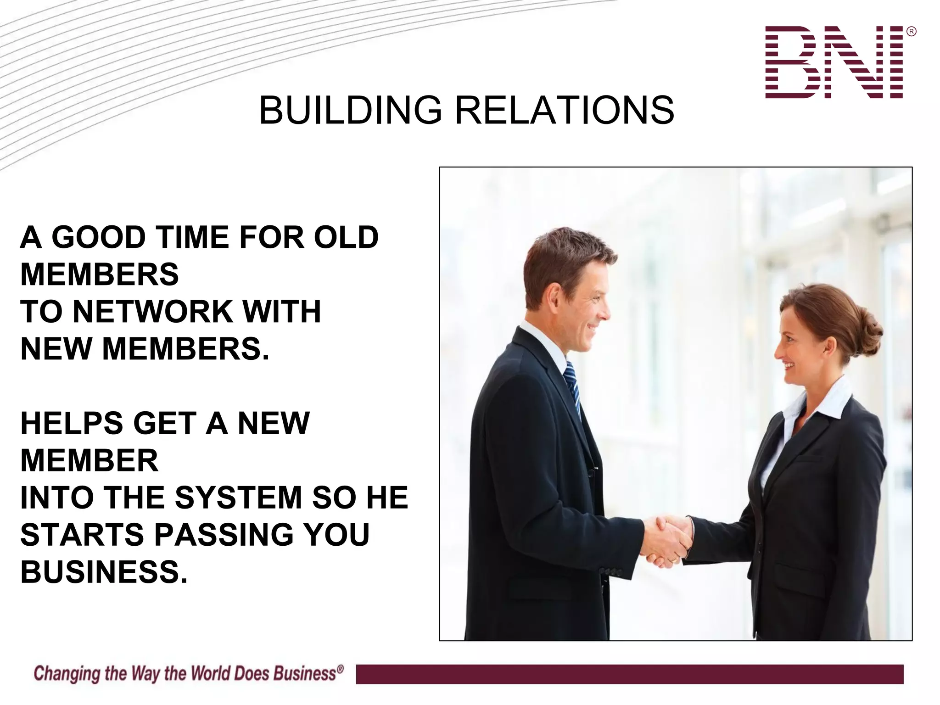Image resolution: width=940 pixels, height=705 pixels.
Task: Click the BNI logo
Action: tap(834, 62)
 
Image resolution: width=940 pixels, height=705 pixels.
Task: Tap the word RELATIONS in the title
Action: tap(564, 111)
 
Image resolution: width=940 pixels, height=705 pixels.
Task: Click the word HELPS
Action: tap(72, 423)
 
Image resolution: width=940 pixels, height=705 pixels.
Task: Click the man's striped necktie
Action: tap(572, 386)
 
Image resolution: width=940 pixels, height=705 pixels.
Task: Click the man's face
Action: tap(585, 312)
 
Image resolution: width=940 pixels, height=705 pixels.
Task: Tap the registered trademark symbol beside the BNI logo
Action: tap(912, 32)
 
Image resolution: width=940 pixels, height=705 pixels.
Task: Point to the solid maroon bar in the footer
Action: tap(629, 674)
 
